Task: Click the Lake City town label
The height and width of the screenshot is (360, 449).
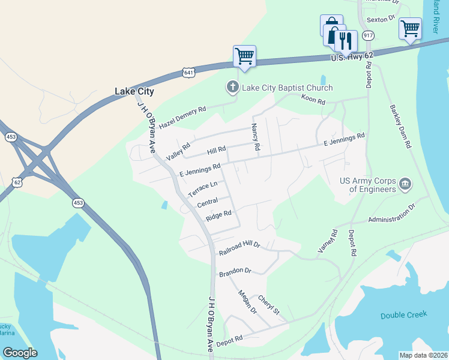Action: click(134, 92)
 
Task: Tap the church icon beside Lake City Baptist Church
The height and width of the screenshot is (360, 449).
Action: click(232, 88)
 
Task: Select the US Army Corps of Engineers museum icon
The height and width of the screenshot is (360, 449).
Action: click(405, 183)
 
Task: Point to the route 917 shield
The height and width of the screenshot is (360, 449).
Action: click(368, 36)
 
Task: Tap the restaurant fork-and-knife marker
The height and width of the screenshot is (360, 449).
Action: click(346, 40)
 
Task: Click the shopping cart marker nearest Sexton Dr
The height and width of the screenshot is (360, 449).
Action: click(410, 28)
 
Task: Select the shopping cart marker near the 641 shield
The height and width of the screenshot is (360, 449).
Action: click(244, 56)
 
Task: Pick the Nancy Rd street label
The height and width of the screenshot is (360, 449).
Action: click(255, 137)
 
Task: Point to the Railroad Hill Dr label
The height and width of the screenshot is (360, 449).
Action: click(238, 245)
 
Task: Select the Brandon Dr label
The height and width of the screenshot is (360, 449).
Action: click(234, 273)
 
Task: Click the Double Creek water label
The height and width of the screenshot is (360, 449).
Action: click(403, 315)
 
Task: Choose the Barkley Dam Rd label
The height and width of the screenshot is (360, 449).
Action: click(401, 127)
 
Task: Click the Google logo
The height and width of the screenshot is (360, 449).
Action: click(20, 353)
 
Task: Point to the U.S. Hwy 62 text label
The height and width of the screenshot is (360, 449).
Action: click(352, 56)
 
